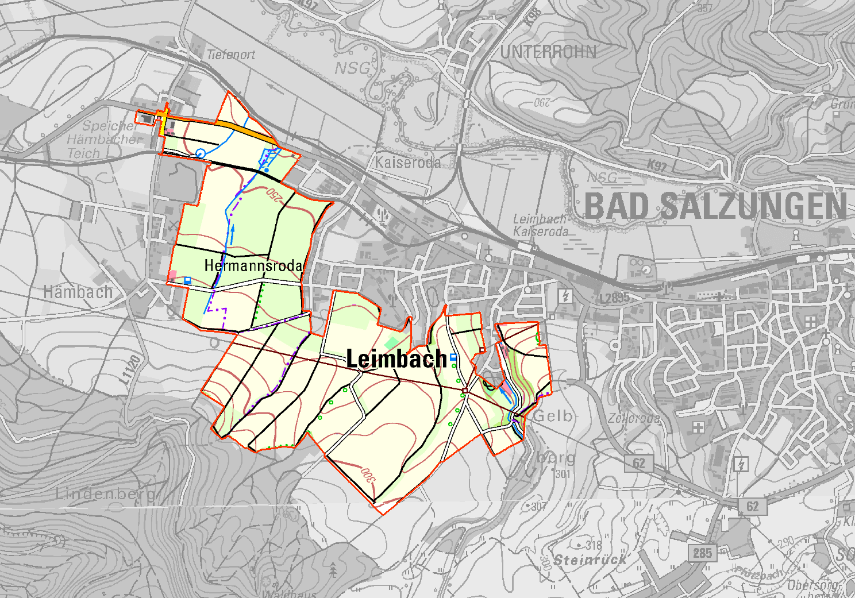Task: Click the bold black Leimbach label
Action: click(396, 359)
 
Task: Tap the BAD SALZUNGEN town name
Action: click(715, 206)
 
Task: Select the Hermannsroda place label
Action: click(253, 265)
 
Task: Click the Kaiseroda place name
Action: click(408, 163)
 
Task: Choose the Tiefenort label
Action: click(230, 55)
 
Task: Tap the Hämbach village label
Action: click(78, 292)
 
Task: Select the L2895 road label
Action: click(614, 298)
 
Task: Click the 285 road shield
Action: click(702, 553)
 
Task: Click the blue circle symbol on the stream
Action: click(201, 153)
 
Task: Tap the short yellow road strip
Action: click(164, 122)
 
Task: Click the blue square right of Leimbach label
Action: click(453, 357)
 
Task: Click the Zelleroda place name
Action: click(634, 418)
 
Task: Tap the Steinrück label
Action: click(590, 560)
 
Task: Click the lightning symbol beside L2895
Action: click(566, 296)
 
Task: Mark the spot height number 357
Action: click(704, 8)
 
